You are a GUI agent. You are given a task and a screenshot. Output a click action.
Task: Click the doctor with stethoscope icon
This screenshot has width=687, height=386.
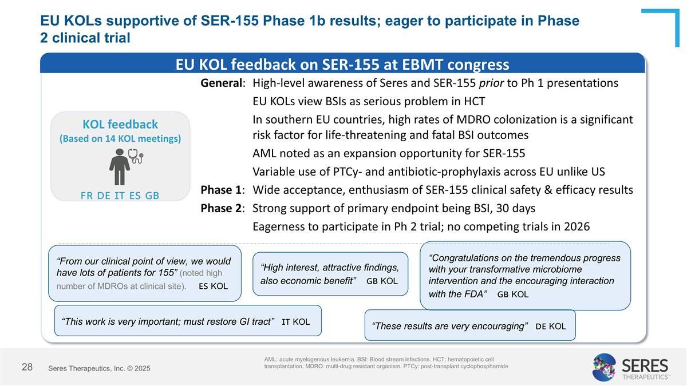click(125, 165)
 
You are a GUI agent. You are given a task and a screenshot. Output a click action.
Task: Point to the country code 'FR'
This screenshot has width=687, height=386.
click(87, 195)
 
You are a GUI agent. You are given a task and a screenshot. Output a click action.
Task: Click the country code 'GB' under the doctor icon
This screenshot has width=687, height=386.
click(152, 195)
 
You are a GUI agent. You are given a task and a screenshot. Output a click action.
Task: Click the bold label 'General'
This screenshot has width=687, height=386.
click(222, 83)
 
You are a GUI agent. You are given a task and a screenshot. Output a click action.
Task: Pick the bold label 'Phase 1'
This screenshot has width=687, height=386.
click(222, 190)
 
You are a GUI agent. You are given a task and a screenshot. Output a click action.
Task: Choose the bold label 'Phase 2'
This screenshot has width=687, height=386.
click(222, 208)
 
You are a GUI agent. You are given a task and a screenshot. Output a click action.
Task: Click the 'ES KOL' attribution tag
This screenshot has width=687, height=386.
click(213, 286)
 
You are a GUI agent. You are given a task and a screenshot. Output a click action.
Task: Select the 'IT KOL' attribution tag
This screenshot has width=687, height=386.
click(295, 322)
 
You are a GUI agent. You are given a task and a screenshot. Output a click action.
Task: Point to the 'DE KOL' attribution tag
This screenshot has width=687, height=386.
click(550, 326)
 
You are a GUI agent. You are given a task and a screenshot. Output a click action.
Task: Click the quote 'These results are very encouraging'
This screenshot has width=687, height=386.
click(449, 327)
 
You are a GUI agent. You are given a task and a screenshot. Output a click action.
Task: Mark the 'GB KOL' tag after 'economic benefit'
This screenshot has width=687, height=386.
click(382, 281)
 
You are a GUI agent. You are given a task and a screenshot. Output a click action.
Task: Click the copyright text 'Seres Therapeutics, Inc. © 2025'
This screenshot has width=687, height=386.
click(99, 369)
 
